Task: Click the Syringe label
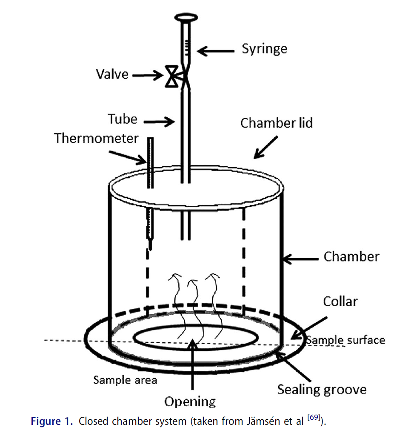264,49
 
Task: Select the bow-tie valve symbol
172,77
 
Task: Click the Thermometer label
97,138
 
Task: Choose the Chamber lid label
277,123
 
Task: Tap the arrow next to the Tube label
159,122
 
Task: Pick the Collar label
340,302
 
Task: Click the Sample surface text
346,340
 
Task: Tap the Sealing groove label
322,389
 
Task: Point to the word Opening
190,402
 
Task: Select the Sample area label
125,380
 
